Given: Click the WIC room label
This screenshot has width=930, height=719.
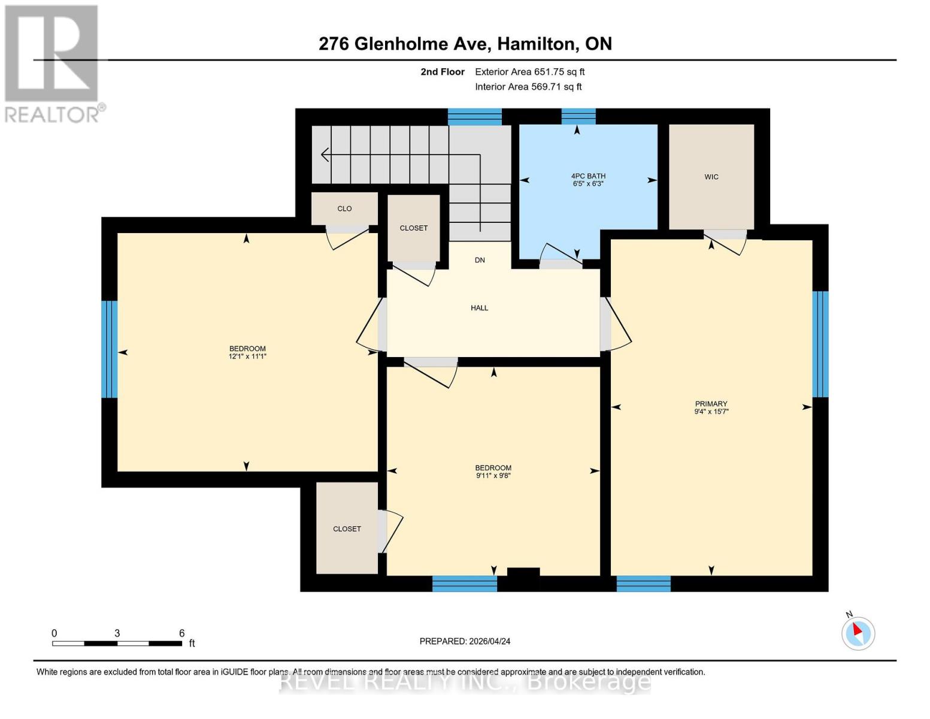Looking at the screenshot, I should [x=711, y=177].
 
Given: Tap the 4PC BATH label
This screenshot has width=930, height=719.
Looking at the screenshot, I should [x=587, y=176].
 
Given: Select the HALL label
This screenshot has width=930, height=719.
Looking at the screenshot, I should [x=479, y=308].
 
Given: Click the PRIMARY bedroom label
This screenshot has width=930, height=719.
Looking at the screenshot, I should [x=711, y=404].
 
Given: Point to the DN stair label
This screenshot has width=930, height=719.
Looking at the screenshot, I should [x=480, y=260].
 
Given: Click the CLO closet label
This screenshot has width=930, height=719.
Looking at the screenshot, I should [x=344, y=209].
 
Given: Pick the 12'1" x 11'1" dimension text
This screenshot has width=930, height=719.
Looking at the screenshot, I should [x=247, y=357].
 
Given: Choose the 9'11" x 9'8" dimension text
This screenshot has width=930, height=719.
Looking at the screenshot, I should [x=493, y=476].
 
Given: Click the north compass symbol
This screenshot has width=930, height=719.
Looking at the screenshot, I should [x=858, y=632].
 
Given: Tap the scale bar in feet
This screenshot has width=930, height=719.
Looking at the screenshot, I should [x=117, y=643].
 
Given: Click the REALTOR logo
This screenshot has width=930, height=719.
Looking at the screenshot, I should [x=53, y=63].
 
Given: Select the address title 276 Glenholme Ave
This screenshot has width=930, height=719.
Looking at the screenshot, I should [x=465, y=44].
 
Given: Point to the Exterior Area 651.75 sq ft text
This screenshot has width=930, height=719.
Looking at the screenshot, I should [x=529, y=72].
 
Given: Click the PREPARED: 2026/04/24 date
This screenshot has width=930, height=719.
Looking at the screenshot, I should [x=465, y=641].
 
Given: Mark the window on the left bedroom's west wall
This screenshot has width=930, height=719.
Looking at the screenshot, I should [x=109, y=349].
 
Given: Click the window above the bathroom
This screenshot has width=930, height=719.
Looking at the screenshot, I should [x=578, y=116].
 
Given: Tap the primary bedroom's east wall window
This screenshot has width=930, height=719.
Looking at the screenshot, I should [x=820, y=344].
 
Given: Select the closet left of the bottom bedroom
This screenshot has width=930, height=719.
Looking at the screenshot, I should [x=347, y=528].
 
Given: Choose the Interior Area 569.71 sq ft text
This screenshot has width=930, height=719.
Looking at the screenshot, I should [x=528, y=87].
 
